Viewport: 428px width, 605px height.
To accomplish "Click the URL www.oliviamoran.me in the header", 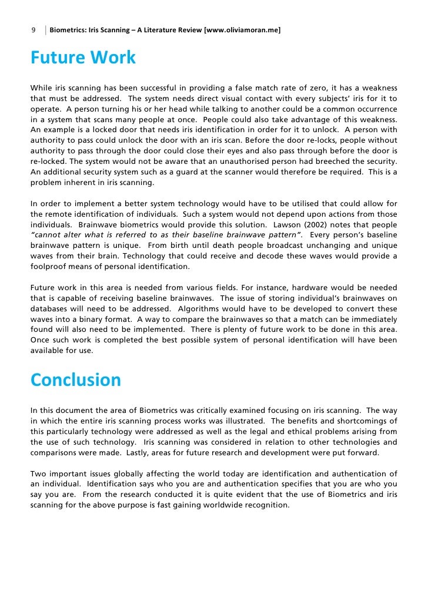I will pyautogui.click(x=242, y=29).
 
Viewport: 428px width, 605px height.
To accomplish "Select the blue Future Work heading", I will pyautogui.click(x=83, y=58).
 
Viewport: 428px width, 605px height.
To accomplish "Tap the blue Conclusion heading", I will pyautogui.click(x=75, y=380).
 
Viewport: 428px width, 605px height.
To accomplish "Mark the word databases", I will pyautogui.click(x=50, y=308).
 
